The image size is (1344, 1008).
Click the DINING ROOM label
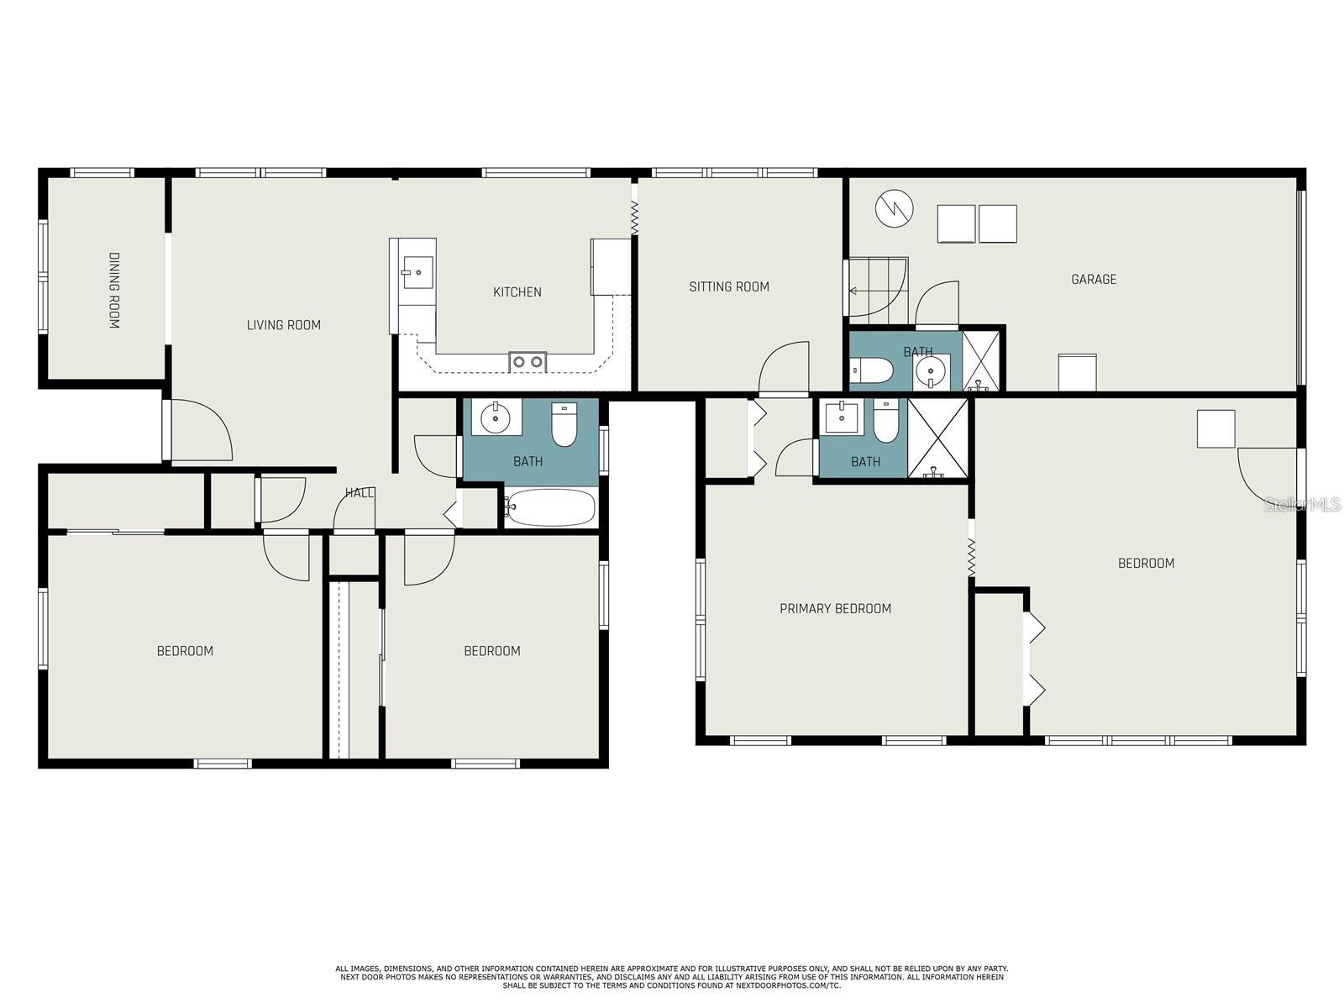(x=114, y=290)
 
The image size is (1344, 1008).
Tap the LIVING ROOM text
(x=283, y=325)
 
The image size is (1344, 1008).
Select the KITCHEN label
(x=517, y=292)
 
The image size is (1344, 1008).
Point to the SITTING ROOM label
(x=729, y=286)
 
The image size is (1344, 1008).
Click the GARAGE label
(x=1093, y=279)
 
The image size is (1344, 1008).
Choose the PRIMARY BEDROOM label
(x=835, y=608)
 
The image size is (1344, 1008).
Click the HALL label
(x=360, y=492)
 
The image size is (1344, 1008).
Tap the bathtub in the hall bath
(x=551, y=507)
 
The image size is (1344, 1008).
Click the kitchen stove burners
(x=528, y=362)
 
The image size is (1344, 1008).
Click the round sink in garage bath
(x=931, y=370)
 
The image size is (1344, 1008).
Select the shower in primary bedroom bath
(x=938, y=438)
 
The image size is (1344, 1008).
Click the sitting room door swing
(x=785, y=367)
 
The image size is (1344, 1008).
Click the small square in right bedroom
(x=1215, y=428)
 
